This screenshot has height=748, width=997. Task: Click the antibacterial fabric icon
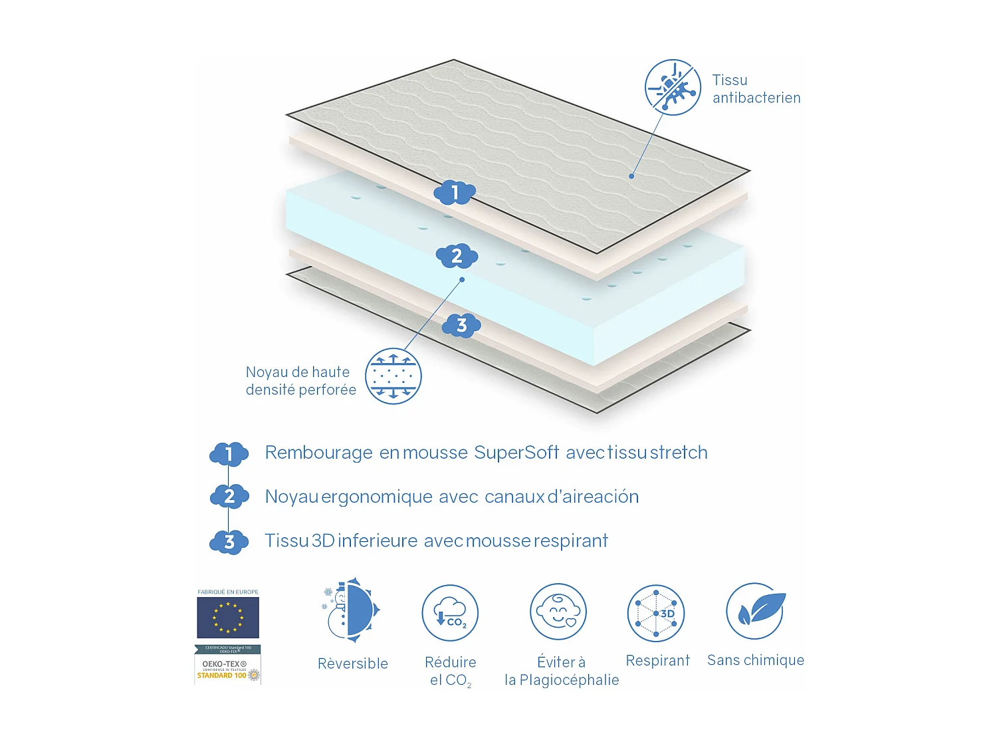pos(673,87)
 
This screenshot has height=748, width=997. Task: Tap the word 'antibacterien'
pos(756,98)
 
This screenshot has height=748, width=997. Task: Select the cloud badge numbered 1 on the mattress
pos(455,193)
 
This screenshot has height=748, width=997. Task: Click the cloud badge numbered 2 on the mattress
pos(457,256)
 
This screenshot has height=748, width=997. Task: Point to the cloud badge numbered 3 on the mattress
pos(461,326)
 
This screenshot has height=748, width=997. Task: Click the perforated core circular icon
pos(393,376)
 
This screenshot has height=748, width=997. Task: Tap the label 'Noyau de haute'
pos(298,372)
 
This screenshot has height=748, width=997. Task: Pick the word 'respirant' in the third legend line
pos(570,541)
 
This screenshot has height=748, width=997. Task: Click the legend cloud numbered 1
pos(229,455)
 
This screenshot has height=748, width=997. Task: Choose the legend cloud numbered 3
pos(229,543)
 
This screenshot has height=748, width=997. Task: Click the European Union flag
pos(228,618)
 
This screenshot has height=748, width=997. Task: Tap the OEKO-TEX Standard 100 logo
pos(227,666)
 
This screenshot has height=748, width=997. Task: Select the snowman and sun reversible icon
pos(352,610)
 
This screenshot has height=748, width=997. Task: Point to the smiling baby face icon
pos(558,612)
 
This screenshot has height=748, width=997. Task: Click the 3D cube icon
pos(656,613)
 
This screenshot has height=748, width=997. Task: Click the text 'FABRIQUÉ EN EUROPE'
pos(228,592)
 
